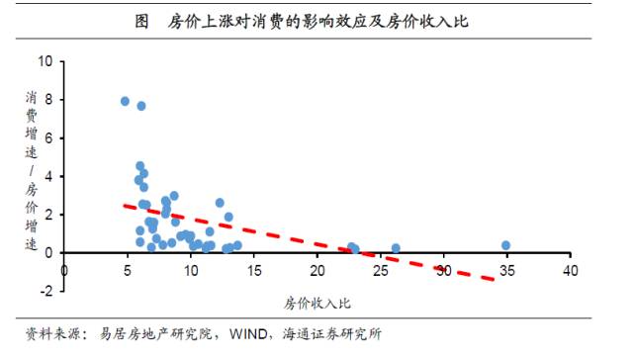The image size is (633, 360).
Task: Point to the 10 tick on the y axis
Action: coord(45,61)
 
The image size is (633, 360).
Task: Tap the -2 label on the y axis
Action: coord(45,291)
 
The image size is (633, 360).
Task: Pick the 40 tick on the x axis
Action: coord(570,269)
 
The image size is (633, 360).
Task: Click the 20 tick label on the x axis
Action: coord(317,269)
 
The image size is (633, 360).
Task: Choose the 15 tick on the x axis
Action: coord(254,269)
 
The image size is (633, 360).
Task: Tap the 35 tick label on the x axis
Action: coord(506,269)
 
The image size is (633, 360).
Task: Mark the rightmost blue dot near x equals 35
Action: coord(505,245)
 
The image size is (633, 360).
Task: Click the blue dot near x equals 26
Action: coord(396,248)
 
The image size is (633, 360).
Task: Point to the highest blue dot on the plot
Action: coord(125,101)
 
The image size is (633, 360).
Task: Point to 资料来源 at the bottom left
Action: coord(49,334)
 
